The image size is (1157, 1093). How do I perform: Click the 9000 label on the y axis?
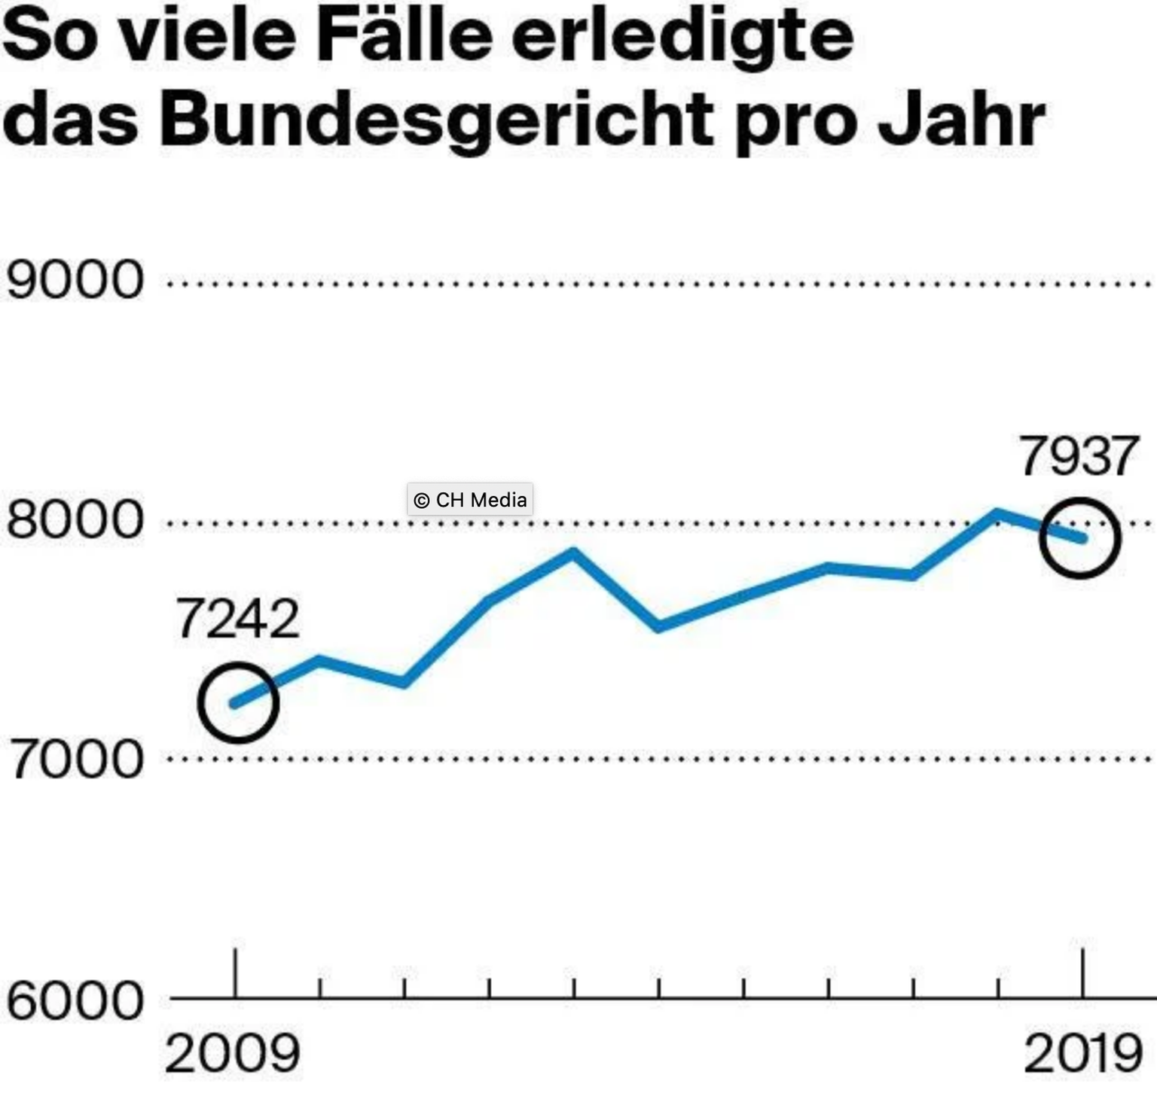point(74,280)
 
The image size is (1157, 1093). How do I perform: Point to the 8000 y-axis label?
point(74,519)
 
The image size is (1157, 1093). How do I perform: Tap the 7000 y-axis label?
point(74,759)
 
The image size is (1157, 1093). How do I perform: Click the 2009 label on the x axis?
point(232,1054)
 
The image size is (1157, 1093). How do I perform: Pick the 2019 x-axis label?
point(1083,1054)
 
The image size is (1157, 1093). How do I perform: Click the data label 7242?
point(237,620)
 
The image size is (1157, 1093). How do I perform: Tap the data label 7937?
point(1079,456)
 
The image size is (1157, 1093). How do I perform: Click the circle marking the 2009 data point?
point(238,703)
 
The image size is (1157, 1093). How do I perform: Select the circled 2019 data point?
point(1080,537)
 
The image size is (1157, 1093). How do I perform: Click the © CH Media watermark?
point(470,500)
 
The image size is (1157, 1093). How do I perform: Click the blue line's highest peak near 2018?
point(997,514)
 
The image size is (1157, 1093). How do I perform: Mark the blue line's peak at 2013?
point(573,553)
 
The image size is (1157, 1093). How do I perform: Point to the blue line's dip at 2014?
point(658,626)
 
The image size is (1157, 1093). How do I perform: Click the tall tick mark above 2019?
point(1083,973)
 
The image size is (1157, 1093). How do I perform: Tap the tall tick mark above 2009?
point(236,973)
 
